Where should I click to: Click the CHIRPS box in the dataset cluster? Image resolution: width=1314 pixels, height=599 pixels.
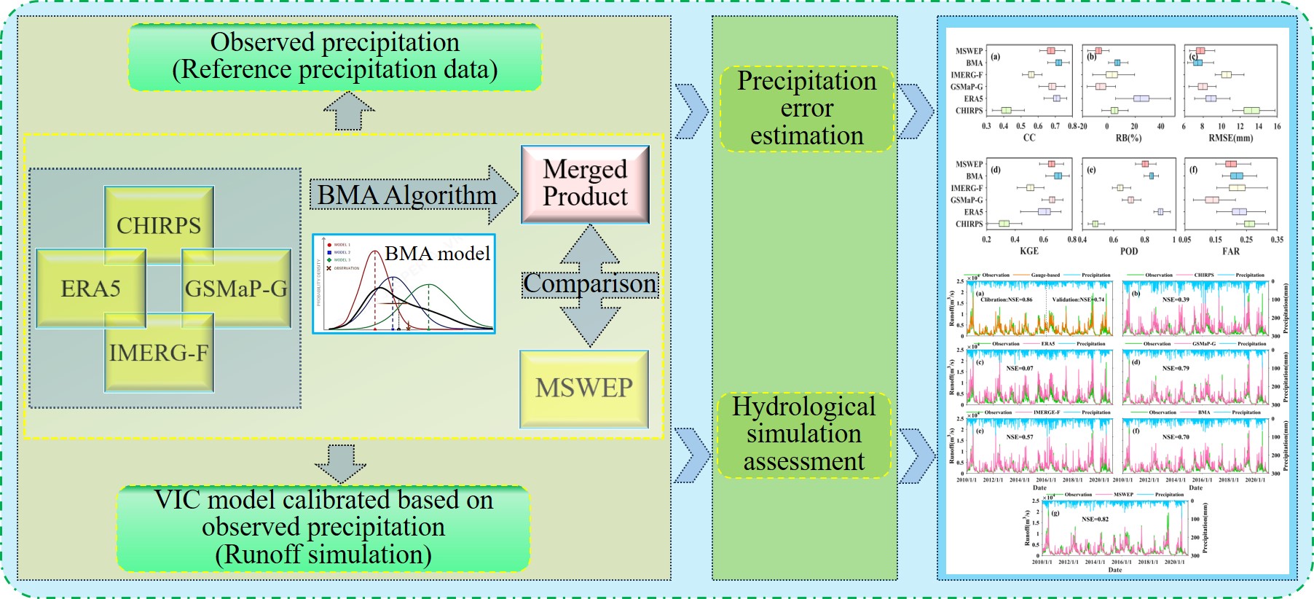pos(159,224)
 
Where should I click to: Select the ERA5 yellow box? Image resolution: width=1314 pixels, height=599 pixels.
pos(90,289)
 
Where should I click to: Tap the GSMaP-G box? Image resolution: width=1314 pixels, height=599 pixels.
pos(236,289)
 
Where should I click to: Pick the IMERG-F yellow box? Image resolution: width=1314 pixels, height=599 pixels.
pos(159,353)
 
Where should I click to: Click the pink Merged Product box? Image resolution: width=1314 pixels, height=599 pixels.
pos(585,184)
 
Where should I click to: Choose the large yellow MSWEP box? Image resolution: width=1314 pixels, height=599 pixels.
pos(584,388)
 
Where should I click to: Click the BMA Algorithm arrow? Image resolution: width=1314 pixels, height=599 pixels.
pos(408,195)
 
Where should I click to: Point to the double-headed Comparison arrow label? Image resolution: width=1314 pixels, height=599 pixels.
pos(590,283)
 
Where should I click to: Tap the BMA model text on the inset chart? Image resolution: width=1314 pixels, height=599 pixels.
pos(437,254)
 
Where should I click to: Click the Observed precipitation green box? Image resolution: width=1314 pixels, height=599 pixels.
pos(335,56)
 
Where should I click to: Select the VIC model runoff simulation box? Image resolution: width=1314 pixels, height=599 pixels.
pos(323,528)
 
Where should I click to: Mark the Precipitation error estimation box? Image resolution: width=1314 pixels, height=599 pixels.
pos(807,109)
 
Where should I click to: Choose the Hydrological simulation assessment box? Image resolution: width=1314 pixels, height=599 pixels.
pos(804,434)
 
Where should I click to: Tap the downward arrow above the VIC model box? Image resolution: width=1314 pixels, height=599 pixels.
pos(341,464)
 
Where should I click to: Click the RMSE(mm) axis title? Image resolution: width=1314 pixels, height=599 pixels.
pos(1231,138)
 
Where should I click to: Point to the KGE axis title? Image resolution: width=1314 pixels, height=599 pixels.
pos(1029,251)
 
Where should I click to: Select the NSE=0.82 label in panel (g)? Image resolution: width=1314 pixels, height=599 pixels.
pos(1095,519)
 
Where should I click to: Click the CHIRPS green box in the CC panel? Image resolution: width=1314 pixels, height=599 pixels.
pos(1006,111)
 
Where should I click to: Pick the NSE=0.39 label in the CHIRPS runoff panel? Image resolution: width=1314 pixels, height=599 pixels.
pos(1176,299)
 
